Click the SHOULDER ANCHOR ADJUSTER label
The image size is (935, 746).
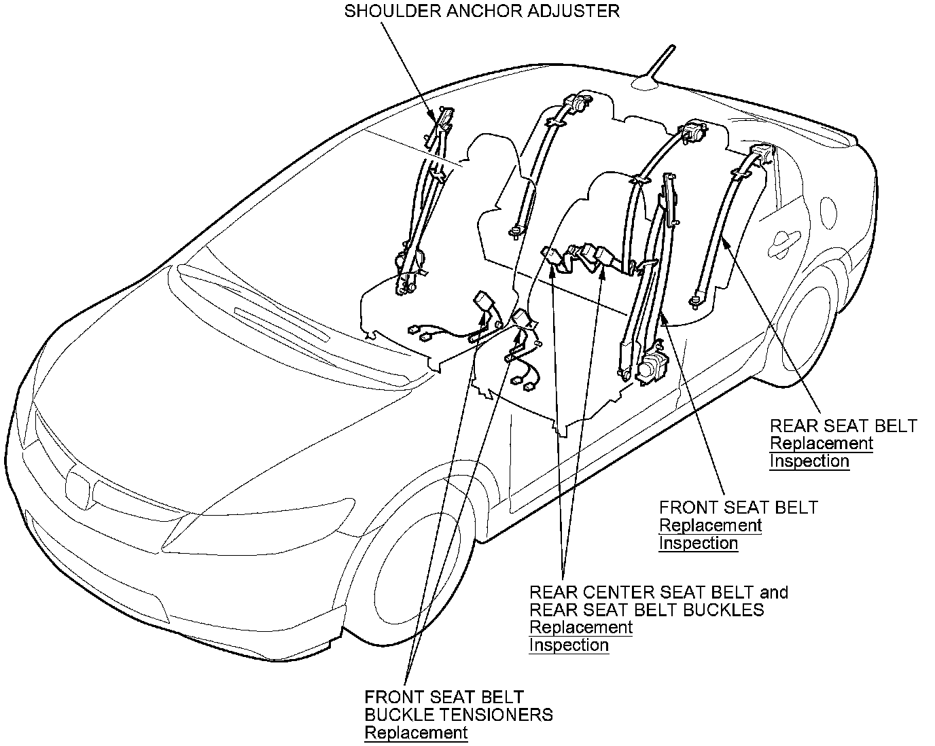click(x=482, y=12)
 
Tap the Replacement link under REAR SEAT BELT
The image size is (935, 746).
click(x=821, y=444)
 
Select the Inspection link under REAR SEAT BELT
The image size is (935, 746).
click(x=809, y=461)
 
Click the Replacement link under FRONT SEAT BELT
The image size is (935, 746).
click(x=710, y=525)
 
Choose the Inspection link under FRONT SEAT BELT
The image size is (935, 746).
click(x=699, y=544)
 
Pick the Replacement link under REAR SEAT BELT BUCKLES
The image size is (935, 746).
click(x=581, y=627)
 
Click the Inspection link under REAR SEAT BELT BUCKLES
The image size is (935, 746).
click(x=569, y=645)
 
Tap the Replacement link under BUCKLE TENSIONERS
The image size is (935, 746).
click(x=416, y=733)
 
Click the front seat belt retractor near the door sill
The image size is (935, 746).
click(x=652, y=367)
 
